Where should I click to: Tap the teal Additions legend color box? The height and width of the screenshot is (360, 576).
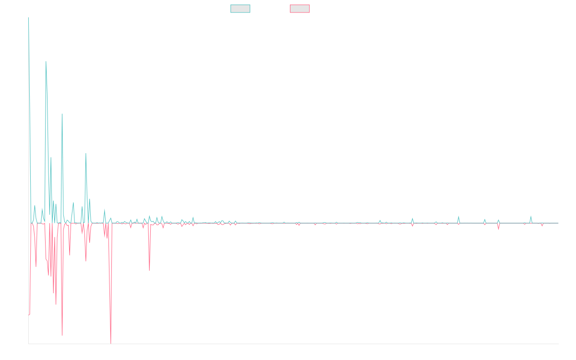coord(240,9)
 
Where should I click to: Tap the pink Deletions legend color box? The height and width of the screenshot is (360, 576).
coord(300,9)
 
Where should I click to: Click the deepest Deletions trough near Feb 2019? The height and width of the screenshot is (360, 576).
coord(111,343)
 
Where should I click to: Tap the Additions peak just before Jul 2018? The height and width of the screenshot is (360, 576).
coord(62,114)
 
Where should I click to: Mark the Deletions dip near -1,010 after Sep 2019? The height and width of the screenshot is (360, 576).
coord(149,270)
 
